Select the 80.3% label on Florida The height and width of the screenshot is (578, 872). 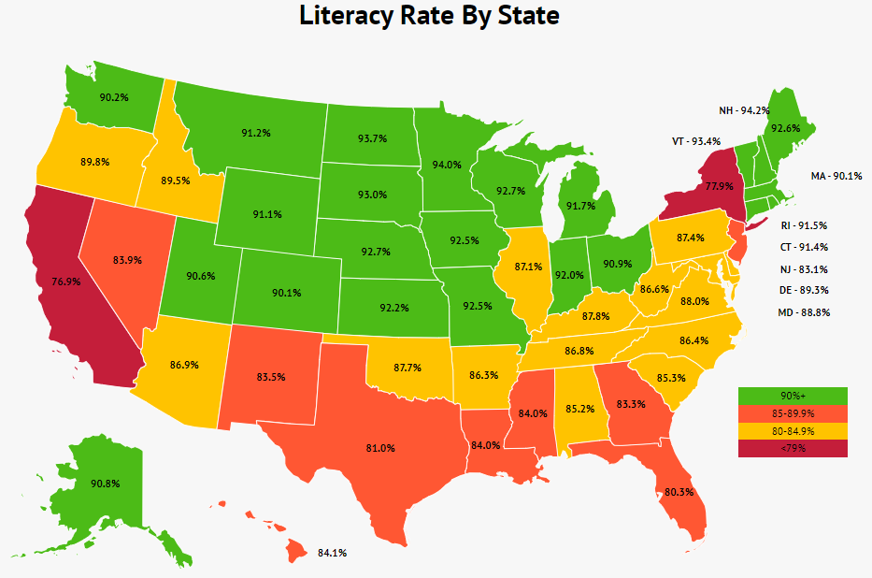tap(679, 491)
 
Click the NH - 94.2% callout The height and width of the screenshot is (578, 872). tap(744, 110)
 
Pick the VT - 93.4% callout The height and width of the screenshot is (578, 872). tap(696, 141)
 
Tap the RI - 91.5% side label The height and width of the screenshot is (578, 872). tap(803, 225)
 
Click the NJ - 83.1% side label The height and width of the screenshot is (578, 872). tap(803, 268)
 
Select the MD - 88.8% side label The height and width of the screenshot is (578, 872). tap(803, 311)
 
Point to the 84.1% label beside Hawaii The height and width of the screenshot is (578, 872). tap(332, 553)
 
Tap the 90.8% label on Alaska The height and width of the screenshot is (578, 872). tap(105, 484)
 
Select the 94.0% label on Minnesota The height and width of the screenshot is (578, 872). tap(446, 165)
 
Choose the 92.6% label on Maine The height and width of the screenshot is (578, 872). tap(786, 129)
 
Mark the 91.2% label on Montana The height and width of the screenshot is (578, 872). tap(255, 133)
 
